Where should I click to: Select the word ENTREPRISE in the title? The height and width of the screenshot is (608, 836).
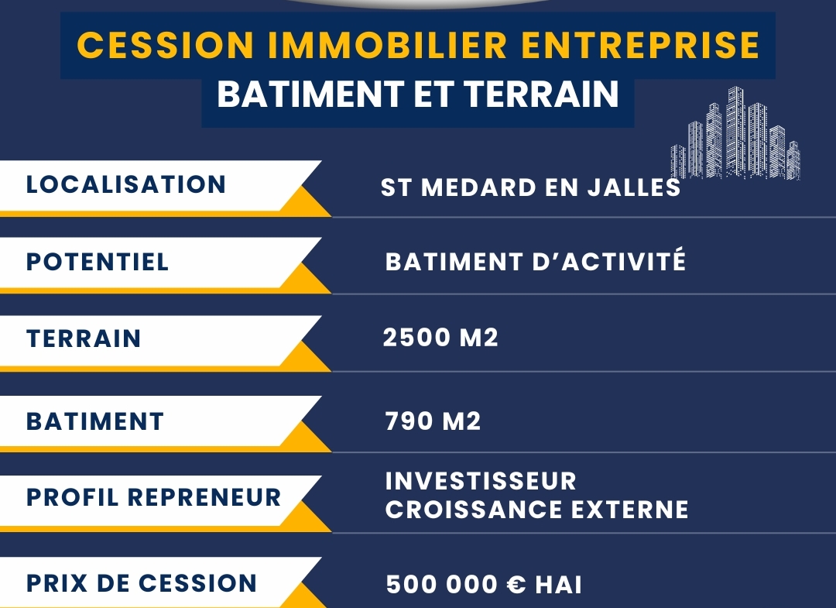(x=640, y=45)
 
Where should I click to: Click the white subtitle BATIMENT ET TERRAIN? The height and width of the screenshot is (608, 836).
(x=417, y=94)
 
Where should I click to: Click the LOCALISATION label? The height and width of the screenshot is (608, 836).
(x=126, y=184)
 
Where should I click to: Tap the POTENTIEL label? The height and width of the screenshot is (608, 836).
(x=98, y=262)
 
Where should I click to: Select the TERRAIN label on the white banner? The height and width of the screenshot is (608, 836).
(x=84, y=338)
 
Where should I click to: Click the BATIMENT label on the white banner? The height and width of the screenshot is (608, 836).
(x=95, y=421)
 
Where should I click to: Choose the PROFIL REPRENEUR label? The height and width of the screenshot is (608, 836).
(x=153, y=497)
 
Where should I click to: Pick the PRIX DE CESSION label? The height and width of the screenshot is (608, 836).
(x=142, y=583)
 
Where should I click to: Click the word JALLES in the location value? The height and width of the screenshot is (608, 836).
(x=634, y=187)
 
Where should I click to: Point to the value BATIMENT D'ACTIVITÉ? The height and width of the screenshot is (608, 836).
(x=536, y=261)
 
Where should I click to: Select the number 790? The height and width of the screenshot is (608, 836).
(x=409, y=421)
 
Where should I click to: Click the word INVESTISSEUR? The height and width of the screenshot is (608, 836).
(x=481, y=481)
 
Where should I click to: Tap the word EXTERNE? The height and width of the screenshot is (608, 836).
(x=629, y=510)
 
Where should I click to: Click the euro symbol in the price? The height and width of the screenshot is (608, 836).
(x=516, y=585)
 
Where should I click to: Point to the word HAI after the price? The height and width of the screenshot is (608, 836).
(x=558, y=585)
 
